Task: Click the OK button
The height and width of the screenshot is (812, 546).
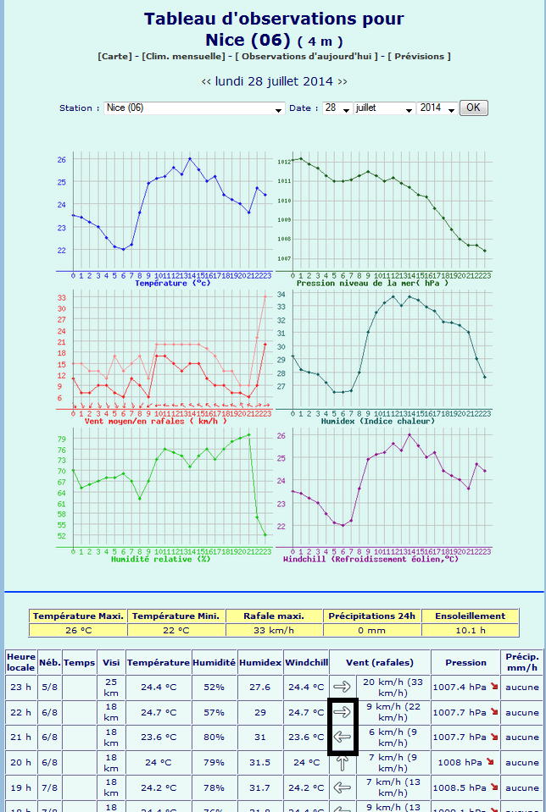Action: tap(473, 108)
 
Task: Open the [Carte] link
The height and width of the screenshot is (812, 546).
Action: tap(114, 56)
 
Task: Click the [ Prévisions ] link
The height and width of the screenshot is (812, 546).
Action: tap(419, 56)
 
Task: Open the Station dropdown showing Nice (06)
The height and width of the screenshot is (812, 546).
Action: tap(195, 108)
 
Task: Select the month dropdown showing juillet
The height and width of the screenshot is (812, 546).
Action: tap(385, 108)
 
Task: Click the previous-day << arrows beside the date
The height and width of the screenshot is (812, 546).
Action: tap(206, 81)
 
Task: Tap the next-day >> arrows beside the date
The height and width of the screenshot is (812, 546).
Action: tap(343, 81)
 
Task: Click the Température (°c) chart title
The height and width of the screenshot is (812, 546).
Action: tap(173, 283)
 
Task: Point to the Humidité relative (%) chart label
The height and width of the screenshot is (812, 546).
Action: tap(160, 559)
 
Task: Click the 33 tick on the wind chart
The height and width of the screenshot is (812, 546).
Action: tap(61, 297)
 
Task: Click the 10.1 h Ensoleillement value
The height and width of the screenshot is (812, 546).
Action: tap(470, 630)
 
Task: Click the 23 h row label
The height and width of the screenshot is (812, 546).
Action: tap(19, 687)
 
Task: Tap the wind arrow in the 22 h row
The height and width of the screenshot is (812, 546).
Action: tap(343, 712)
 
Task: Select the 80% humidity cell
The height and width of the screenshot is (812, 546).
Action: tap(214, 737)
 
